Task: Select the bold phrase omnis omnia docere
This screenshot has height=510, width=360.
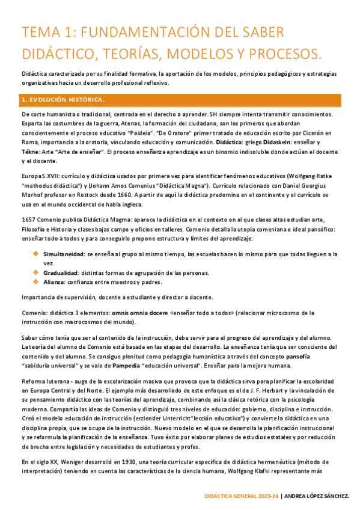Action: pyautogui.click(x=139, y=313)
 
